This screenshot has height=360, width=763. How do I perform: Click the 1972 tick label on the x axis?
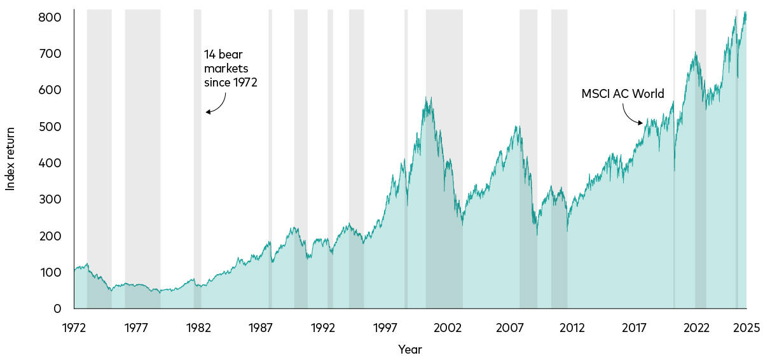coord(74,328)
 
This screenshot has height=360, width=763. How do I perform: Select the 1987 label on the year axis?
coord(261,328)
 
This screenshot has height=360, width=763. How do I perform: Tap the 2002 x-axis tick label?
coord(448,328)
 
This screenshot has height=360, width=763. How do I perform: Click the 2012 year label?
coord(572,328)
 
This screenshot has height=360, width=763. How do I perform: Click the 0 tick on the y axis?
coord(57,308)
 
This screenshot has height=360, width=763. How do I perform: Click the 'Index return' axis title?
coord(10,158)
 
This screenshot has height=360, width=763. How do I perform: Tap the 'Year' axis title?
coord(409,349)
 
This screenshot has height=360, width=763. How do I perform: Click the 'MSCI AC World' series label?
coord(622,94)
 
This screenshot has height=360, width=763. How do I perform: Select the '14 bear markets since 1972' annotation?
coord(230,68)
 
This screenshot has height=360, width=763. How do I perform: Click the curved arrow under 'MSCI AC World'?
coord(631,114)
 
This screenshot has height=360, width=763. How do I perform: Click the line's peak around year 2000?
coord(431,97)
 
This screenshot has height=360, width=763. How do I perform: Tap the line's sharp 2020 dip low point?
coord(674,171)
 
